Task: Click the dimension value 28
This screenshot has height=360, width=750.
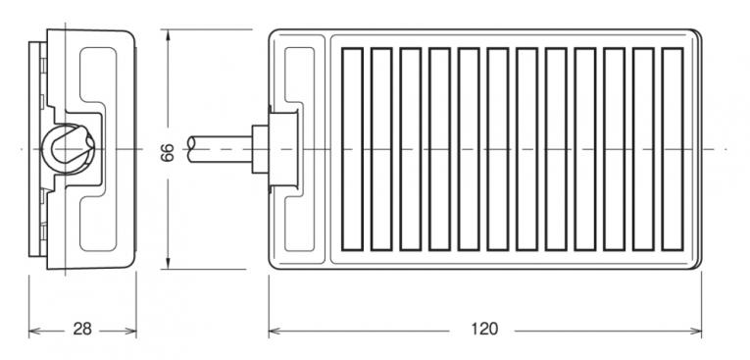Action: (x=82, y=330)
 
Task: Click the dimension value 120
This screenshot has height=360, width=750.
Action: (x=484, y=329)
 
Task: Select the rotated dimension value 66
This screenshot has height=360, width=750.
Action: (x=168, y=153)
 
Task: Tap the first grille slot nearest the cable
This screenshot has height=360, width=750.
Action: (x=353, y=149)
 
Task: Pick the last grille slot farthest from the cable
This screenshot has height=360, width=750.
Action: (x=672, y=149)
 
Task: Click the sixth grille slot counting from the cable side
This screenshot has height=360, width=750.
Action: (x=497, y=149)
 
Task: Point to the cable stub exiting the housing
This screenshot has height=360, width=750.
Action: (x=220, y=149)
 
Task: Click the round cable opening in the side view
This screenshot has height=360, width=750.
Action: (x=67, y=148)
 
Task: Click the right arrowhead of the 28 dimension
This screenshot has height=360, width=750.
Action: (x=130, y=331)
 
